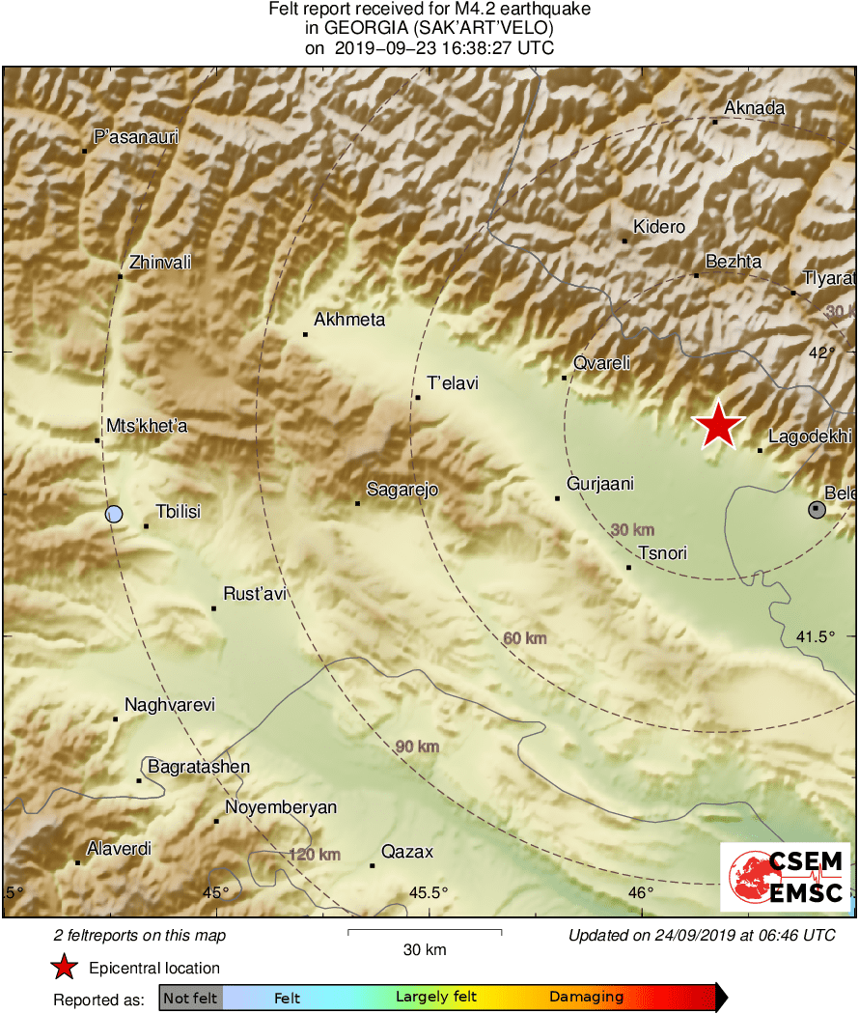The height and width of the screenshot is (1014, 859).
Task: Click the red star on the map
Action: (718, 425)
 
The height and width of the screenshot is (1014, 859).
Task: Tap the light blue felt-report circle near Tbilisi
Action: (114, 514)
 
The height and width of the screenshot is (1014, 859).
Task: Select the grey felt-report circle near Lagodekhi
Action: (817, 509)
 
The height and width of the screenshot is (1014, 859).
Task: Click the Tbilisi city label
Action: (178, 512)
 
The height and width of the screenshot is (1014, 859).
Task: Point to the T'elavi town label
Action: (453, 383)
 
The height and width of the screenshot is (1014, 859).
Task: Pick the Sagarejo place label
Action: (402, 490)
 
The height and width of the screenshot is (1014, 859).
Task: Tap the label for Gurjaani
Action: (600, 485)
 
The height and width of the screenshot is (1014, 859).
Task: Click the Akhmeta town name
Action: (349, 320)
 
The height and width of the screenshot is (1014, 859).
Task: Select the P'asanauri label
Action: (136, 137)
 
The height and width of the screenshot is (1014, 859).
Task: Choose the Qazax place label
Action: (407, 852)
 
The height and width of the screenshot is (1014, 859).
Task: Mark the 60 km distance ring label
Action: (525, 638)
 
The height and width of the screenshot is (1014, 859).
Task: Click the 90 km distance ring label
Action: (417, 746)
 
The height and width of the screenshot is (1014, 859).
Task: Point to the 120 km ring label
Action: (315, 855)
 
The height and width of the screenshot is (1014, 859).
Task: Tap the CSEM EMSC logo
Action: (785, 877)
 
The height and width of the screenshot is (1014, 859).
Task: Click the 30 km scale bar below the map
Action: (424, 932)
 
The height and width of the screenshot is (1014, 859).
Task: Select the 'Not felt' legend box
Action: (190, 998)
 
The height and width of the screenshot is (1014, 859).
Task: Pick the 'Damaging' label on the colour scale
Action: (586, 998)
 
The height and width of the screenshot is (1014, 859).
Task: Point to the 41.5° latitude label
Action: (816, 636)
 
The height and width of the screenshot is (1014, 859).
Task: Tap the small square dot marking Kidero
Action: (624, 240)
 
